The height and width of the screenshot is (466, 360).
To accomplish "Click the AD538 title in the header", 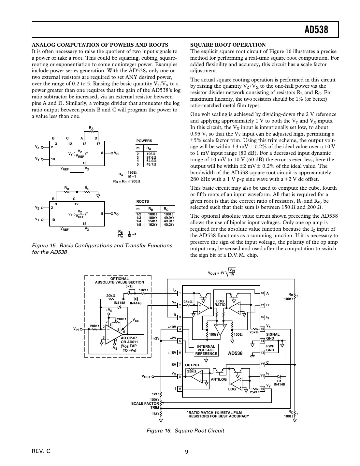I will tap(316, 30).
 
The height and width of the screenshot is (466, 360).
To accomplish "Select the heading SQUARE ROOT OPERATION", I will tap(228, 45).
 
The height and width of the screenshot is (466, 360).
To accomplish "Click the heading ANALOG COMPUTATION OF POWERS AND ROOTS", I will tap(100, 45).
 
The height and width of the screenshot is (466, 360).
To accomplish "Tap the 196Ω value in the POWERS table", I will tap(151, 154).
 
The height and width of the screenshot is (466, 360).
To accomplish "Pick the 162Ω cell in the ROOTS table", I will tap(152, 225).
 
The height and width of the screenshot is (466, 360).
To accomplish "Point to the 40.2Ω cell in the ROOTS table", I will tap(168, 225).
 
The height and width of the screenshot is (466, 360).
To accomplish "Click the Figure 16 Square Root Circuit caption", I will tap(185, 430).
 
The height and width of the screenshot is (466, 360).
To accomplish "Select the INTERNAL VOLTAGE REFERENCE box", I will tap(206, 350).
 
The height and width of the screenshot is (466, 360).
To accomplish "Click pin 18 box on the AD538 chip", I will tap(262, 293).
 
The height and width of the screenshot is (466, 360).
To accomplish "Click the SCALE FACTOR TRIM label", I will tap(145, 405).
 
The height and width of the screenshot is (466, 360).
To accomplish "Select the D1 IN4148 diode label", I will tap(279, 383).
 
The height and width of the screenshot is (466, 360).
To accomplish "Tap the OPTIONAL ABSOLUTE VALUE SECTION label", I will tap(119, 281).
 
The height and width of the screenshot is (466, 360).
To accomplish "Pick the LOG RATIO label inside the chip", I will tap(220, 303).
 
